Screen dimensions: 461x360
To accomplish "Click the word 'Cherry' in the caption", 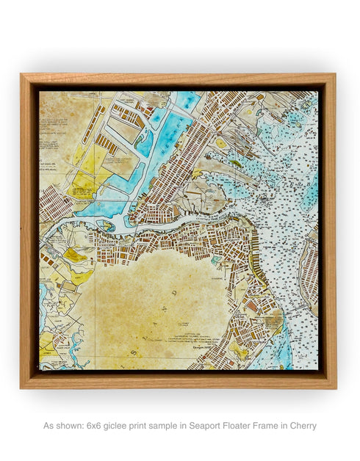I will [302, 426].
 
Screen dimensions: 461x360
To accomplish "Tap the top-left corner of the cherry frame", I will [22, 75].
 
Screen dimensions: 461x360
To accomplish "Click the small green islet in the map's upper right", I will [234, 163].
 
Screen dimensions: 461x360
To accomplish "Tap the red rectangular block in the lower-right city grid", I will [251, 305].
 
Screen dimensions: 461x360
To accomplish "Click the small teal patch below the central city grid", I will [215, 260].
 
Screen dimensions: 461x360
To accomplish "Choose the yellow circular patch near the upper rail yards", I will [220, 143].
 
